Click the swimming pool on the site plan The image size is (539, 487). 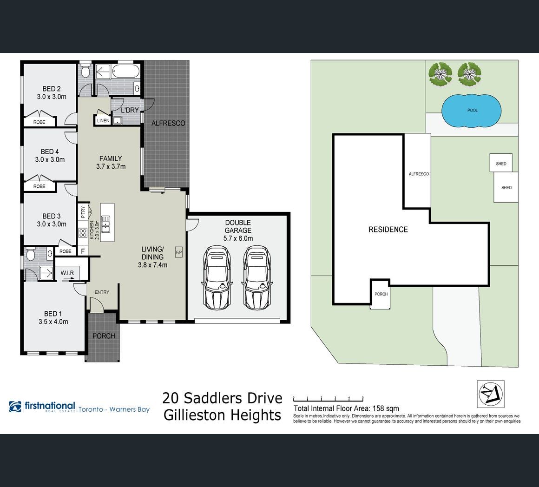tap(471, 110)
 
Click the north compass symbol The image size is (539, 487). tap(491, 394)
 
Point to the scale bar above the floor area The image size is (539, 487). tap(328, 399)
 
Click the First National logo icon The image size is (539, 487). tap(15, 407)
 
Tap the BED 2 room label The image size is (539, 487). tap(52, 93)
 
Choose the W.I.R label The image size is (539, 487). tap(67, 273)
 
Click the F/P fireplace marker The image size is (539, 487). tap(179, 252)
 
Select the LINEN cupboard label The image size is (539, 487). tap(103, 121)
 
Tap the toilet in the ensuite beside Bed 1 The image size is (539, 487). tap(31, 254)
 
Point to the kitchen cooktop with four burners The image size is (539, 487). tap(83, 233)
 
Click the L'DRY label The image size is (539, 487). tap(130, 110)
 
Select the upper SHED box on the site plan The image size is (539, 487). tap(501, 163)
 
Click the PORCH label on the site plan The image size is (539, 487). tap(381, 294)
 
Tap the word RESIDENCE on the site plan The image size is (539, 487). tap(388, 230)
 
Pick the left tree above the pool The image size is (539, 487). tap(440, 74)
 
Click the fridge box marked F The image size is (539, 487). tap(83, 251)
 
